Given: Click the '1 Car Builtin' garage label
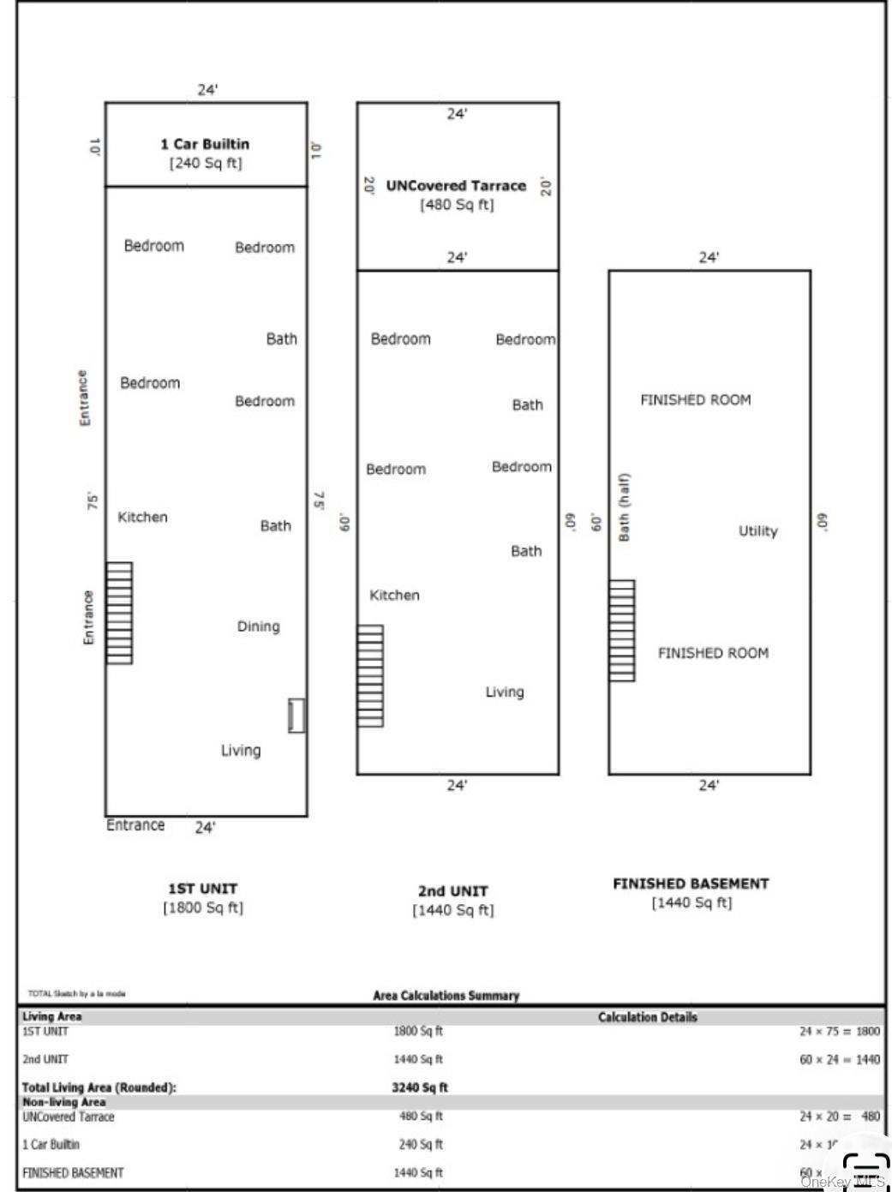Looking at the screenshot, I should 205,144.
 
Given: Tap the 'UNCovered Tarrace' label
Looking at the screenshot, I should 456,185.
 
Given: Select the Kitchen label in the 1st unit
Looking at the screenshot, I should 142,517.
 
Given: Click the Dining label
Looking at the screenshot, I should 258,626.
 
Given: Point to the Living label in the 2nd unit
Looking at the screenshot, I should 504,692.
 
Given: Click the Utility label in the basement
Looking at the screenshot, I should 757,531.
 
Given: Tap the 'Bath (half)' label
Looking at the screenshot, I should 624,507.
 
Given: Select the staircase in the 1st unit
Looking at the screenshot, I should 119,613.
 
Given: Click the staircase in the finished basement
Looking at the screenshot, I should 622,631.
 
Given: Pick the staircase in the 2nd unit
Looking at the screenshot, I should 370,676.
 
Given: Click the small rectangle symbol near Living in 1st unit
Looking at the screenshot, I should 296,716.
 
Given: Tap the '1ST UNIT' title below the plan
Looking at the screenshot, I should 202,889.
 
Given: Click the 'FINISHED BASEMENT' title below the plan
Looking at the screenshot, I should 691,884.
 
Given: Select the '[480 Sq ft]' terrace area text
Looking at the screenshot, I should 457,205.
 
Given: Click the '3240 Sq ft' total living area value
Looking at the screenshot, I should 420,1087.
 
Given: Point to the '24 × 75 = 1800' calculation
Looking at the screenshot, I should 839,1032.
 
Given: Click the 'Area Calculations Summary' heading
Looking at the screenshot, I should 446,996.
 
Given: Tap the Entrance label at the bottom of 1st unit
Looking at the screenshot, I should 135,825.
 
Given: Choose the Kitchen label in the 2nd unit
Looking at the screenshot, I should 394,595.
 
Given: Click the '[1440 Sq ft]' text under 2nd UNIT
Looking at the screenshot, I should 453,910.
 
